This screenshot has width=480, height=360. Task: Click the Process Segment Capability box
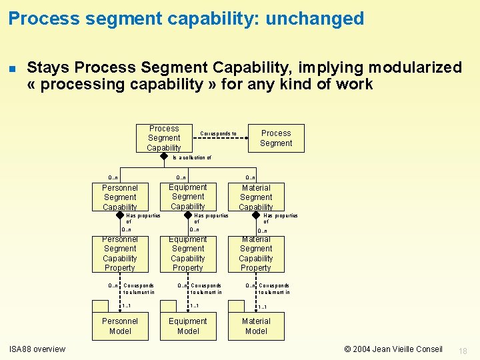(x=164, y=138)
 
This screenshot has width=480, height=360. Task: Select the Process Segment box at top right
(x=276, y=138)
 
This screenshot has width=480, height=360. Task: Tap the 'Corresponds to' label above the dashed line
(x=218, y=134)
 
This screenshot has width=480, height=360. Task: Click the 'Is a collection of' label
(x=192, y=158)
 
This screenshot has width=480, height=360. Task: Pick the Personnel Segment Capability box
(x=120, y=197)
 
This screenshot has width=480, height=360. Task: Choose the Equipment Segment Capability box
(x=188, y=197)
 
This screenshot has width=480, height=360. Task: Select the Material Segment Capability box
(x=256, y=197)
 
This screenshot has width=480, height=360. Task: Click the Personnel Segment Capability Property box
(x=120, y=254)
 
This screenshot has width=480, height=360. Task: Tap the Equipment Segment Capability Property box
(x=188, y=254)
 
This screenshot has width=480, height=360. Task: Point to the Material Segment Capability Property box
(x=256, y=254)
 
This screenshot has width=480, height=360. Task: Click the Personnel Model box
(x=120, y=326)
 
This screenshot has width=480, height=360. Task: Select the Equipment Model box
(x=188, y=326)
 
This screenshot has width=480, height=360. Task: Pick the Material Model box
(x=256, y=326)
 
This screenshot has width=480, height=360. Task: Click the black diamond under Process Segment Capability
(x=164, y=157)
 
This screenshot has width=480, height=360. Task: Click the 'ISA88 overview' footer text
(x=37, y=349)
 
